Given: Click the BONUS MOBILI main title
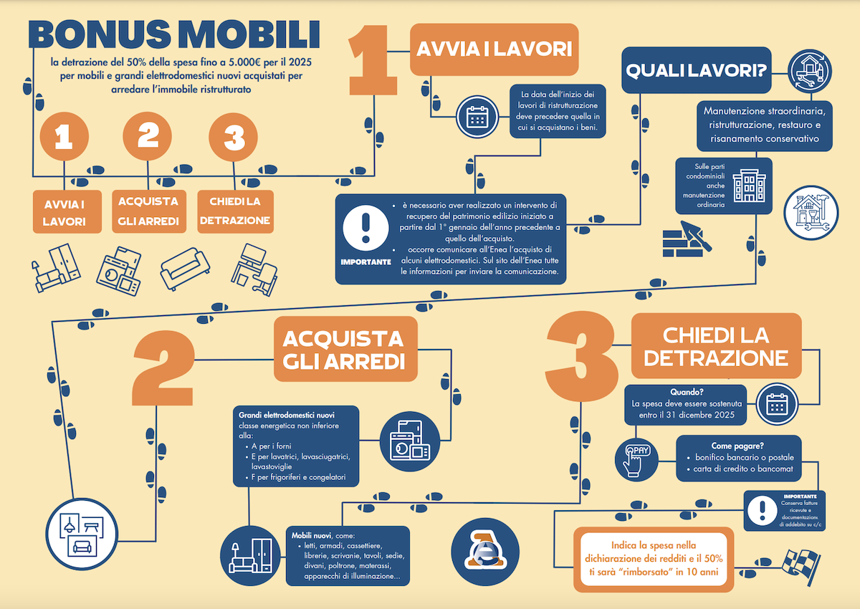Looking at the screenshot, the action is click(x=174, y=34).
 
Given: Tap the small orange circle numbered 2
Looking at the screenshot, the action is click(x=148, y=136).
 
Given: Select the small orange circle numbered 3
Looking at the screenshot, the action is click(x=234, y=137).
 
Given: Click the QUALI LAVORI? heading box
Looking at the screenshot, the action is click(x=696, y=70).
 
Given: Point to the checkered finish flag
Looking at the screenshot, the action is click(x=801, y=567).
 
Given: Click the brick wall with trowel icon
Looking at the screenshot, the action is click(x=687, y=239).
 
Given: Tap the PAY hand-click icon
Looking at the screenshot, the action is click(x=636, y=460).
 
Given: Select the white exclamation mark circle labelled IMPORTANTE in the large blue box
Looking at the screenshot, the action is click(x=365, y=228).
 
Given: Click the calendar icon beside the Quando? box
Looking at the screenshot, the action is click(x=777, y=404).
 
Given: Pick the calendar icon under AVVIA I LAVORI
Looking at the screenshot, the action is click(x=477, y=117).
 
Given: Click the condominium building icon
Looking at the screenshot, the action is click(x=749, y=186).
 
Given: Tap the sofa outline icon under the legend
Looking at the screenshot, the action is click(x=185, y=268).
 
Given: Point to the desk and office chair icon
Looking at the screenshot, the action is click(x=254, y=269).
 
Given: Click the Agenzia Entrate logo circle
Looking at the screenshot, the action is click(x=485, y=552).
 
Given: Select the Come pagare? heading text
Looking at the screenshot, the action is click(x=737, y=446).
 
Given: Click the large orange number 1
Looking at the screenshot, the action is click(x=372, y=60).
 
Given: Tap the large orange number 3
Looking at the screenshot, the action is click(x=581, y=357).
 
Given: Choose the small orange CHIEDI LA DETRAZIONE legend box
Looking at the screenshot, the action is click(x=235, y=211).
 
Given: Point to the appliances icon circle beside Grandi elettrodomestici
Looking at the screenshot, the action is click(x=410, y=441).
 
